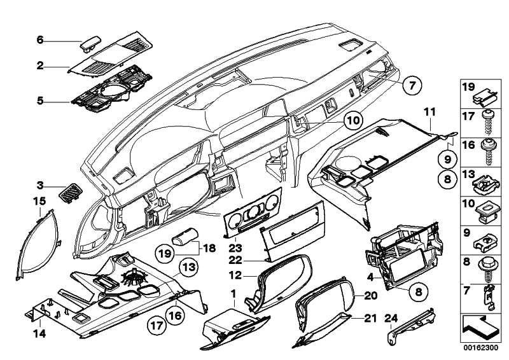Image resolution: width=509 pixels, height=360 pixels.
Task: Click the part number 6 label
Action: click(x=39, y=39)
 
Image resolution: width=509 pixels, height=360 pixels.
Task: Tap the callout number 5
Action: click(x=39, y=100)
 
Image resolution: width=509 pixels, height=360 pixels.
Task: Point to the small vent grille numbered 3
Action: click(x=68, y=189)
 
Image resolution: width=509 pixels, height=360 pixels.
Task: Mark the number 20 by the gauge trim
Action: click(x=371, y=295)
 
